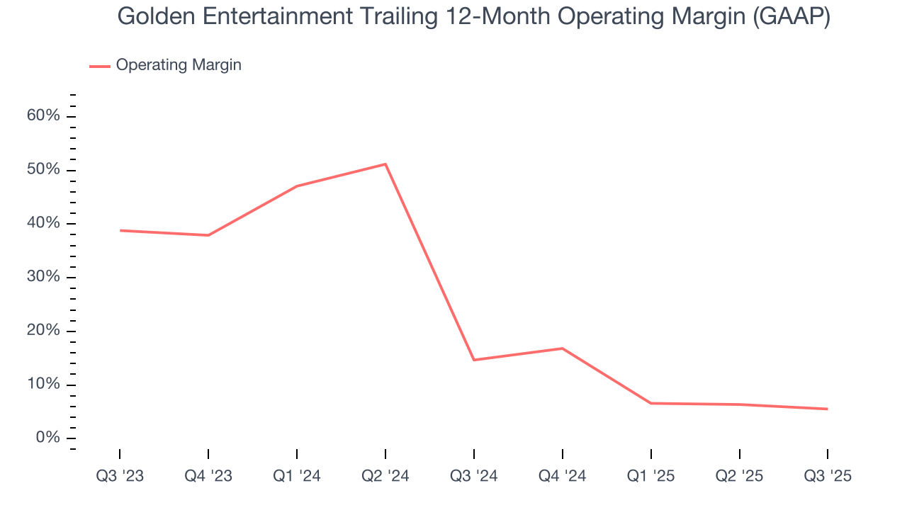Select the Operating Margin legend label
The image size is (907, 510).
tap(179, 65)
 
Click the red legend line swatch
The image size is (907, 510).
tap(99, 66)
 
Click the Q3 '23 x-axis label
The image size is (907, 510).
tap(120, 476)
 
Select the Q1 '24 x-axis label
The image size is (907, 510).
tap(297, 476)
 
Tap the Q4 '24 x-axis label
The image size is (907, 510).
tap(563, 476)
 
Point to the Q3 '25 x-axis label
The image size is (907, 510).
tap(828, 476)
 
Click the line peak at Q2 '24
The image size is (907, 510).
tap(385, 164)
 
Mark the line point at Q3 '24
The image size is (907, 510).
tap(473, 360)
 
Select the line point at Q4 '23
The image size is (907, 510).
tap(208, 235)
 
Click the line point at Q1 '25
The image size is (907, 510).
tap(650, 403)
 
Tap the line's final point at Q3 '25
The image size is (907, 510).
tap(827, 409)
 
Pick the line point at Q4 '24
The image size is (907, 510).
tap(562, 348)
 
